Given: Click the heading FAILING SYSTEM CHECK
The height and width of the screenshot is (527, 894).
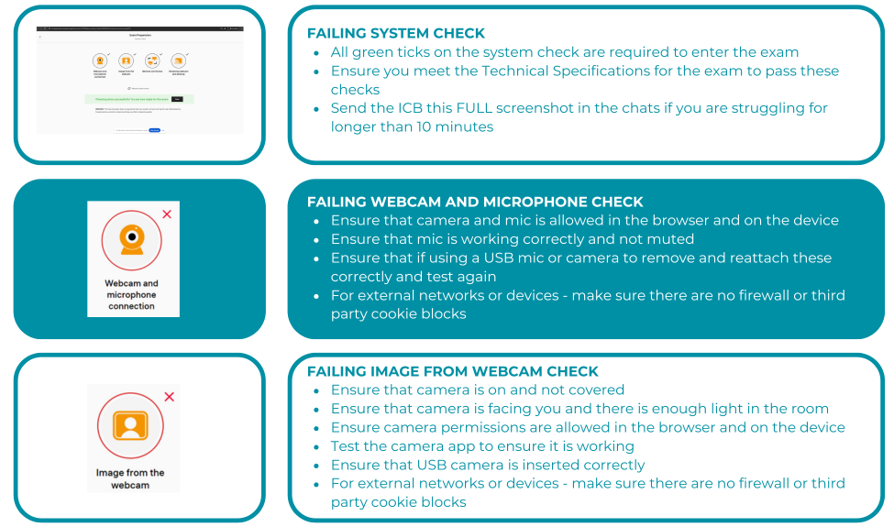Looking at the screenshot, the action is pos(396,33).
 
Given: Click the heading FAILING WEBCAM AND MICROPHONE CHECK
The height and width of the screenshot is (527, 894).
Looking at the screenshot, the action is pos(475,202).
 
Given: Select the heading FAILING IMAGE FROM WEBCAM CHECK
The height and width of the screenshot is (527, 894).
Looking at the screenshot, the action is pos(452,371).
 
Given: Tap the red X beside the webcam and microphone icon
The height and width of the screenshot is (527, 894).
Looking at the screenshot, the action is pos(167,214).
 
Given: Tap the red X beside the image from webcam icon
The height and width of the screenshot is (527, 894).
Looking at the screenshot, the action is pos(169,397).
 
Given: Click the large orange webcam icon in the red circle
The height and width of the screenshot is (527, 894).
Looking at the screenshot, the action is pos(132,240).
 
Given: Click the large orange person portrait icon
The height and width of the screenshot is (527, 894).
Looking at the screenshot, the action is pos(131,425).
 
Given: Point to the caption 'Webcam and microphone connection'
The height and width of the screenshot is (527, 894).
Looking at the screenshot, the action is pos(131,295).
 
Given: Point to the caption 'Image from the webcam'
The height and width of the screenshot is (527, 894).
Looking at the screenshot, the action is pos(130,478).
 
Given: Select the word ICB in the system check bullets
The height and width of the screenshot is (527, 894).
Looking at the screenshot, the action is pos(424,108).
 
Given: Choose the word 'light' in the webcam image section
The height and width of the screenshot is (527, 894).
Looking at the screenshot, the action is pos(721,409).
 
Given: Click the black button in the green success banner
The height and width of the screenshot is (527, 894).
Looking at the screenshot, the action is pos(177,99).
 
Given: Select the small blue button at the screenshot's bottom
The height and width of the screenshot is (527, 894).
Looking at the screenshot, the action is pos(154,130).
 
